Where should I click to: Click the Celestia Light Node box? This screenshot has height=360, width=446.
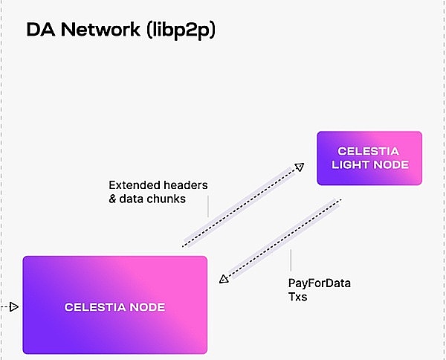[369, 158]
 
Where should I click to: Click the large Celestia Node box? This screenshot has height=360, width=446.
[115, 305]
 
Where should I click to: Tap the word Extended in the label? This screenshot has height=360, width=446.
[135, 184]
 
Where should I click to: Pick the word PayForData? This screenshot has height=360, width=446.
[320, 283]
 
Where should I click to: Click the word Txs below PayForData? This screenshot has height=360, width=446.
[297, 297]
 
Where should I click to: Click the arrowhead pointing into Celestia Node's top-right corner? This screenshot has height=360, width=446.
[223, 279]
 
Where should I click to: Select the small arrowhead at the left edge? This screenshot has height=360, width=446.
[13, 306]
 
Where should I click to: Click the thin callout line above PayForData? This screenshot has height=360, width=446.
[290, 260]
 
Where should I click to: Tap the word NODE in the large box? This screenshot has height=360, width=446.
[146, 306]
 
